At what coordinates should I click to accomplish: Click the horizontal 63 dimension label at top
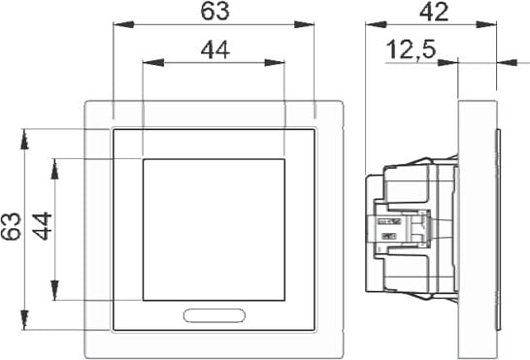pyautogui.click(x=215, y=11)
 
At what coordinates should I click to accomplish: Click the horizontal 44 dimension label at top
pyautogui.click(x=215, y=49)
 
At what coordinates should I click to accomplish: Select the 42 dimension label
pyautogui.click(x=434, y=13)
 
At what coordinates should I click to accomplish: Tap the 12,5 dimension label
pyautogui.click(x=411, y=50)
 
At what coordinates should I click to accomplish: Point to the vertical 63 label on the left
pyautogui.click(x=11, y=226)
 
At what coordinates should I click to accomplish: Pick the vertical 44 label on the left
pyautogui.click(x=43, y=226)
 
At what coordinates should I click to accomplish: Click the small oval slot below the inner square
pyautogui.click(x=215, y=315)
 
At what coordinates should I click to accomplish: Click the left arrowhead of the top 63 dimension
pyautogui.click(x=123, y=24)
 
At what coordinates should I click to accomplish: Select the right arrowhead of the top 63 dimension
pyautogui.click(x=304, y=24)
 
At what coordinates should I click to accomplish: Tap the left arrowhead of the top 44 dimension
pyautogui.click(x=153, y=62)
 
